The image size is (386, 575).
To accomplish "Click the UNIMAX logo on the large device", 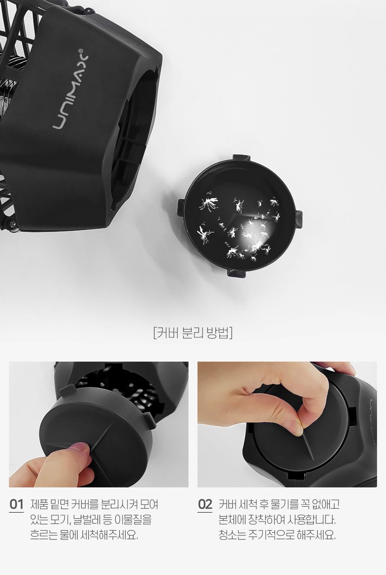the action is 70,88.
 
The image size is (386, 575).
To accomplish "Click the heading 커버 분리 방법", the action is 193,333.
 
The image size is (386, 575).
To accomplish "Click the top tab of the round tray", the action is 241,158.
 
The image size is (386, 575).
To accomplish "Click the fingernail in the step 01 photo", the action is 79,447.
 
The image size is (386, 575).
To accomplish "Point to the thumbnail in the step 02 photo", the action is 294,428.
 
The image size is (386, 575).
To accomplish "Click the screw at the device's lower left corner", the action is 12,224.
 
